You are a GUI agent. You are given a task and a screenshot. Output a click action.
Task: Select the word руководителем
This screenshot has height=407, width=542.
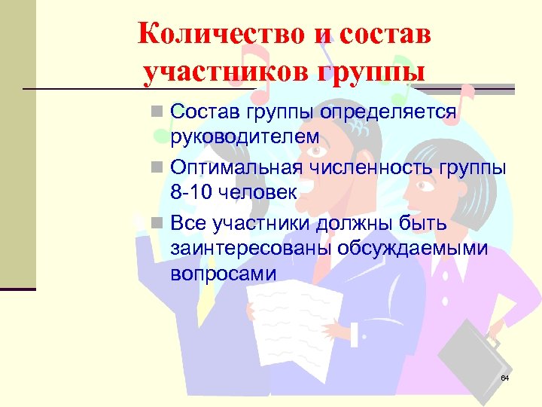(245, 137)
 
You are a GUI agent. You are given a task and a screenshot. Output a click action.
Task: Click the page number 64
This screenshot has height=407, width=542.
(504, 378)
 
